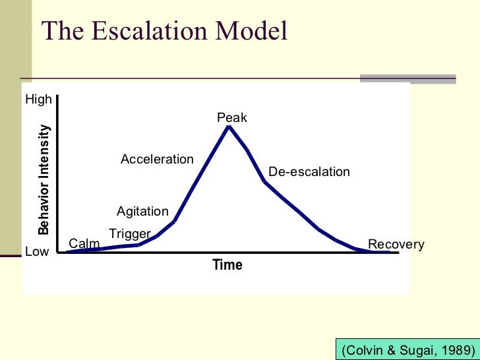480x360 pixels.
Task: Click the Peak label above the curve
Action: [x=231, y=118]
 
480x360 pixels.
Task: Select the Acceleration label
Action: [x=157, y=160]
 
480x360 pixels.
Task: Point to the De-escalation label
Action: [x=309, y=172]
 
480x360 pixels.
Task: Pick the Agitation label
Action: [x=142, y=212]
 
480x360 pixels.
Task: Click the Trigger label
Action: [x=130, y=233]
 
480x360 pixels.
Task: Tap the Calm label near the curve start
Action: [x=84, y=244]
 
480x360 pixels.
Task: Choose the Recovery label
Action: [x=396, y=245]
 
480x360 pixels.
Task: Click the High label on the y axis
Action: [x=38, y=100]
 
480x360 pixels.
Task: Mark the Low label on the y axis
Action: [x=37, y=252]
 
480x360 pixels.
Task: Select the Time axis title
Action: [x=227, y=265]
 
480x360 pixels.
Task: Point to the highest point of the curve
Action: [x=229, y=126]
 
